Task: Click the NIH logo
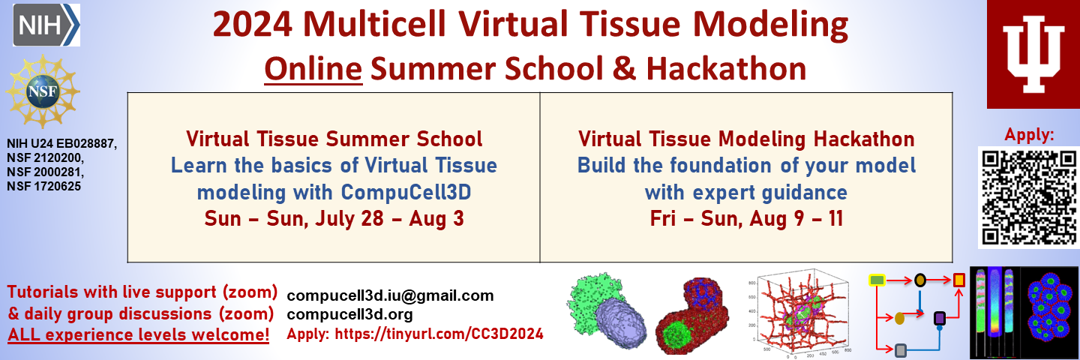point(46,25)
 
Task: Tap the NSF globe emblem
point(43,91)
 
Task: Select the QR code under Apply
point(1029,197)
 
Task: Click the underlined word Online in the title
point(313,69)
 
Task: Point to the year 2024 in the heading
point(252,24)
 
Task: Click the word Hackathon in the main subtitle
point(726,69)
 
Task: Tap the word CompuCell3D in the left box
point(406,192)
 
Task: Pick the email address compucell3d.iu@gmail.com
point(390,295)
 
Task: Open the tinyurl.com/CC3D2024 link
point(439,334)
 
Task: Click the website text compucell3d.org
point(349,314)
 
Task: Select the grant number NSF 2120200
point(45,157)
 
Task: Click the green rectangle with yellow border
point(877,280)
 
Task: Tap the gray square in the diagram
point(900,350)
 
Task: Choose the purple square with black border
point(939,318)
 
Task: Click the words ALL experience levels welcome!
point(138,334)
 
